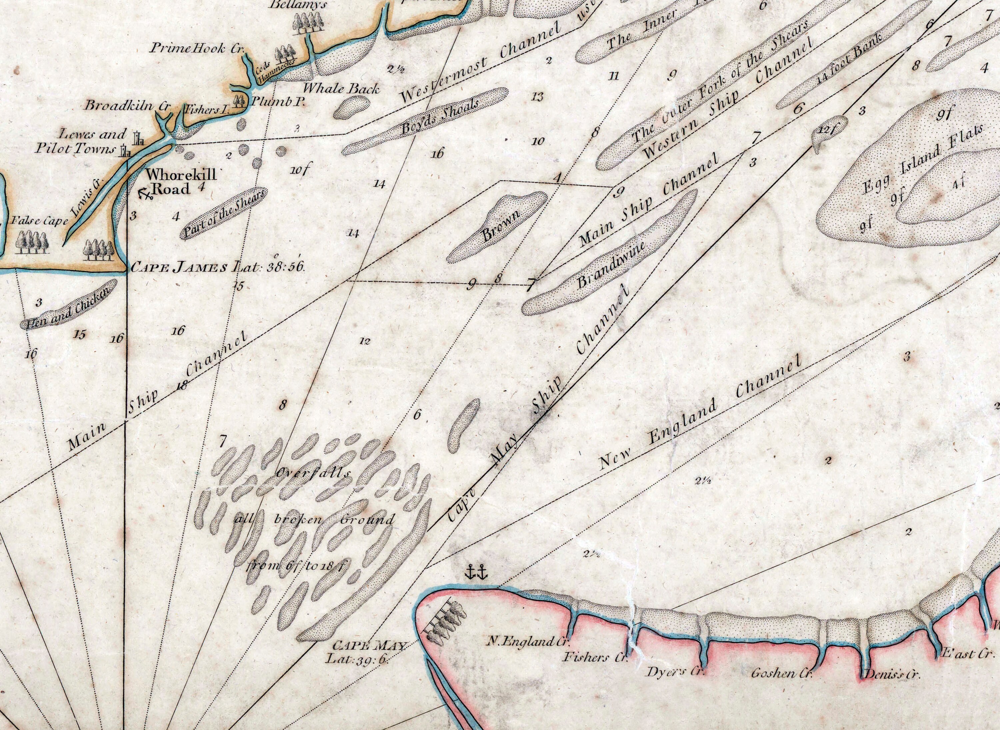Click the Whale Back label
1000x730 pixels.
341,88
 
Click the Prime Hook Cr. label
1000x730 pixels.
197,48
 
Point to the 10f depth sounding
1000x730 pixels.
299,170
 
